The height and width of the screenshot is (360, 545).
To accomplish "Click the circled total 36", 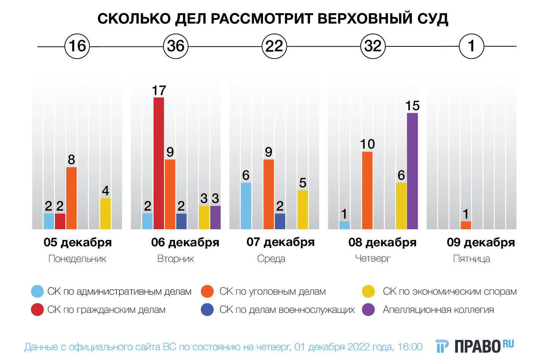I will [x=176, y=46].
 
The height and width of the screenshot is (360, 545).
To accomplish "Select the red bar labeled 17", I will [x=159, y=163].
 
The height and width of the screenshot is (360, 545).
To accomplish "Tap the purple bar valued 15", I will [x=412, y=171].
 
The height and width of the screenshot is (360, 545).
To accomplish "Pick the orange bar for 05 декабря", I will [x=71, y=198].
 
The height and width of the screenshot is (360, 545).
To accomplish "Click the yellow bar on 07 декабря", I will [x=303, y=210].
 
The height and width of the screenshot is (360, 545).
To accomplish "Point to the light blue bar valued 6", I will [x=246, y=206].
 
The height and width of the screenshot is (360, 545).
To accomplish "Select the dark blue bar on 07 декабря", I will [x=280, y=221].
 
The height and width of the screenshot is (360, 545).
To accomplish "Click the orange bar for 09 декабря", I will [x=466, y=225].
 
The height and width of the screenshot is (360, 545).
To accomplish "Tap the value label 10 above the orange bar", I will [x=368, y=144].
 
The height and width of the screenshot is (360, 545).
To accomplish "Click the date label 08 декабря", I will [x=382, y=242].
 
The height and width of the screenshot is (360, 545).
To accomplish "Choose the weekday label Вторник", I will [x=176, y=259].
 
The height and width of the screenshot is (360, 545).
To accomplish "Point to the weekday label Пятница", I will [x=472, y=259].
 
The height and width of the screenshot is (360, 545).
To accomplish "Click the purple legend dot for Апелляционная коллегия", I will [x=369, y=310].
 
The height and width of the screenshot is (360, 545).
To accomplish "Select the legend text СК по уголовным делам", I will [x=272, y=292].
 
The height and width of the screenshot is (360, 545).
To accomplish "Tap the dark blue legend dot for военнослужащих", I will [x=207, y=310].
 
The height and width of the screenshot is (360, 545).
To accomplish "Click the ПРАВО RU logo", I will [x=475, y=346].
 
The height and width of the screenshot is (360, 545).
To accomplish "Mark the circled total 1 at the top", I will [x=472, y=46].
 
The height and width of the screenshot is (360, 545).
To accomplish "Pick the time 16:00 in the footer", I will [x=410, y=347].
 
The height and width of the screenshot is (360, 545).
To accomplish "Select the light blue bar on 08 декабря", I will [x=345, y=225].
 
